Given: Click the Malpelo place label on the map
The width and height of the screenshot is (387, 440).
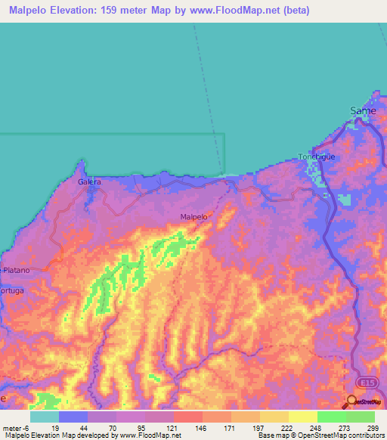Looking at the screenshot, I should coord(193,217).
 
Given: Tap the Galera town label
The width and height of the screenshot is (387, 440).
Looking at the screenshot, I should coord(89,182).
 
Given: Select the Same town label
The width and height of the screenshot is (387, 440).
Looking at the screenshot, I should coord(363,110).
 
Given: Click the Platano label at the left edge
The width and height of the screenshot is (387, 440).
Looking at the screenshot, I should coord(16,270).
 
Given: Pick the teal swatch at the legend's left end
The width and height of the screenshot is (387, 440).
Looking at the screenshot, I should coord(44,417).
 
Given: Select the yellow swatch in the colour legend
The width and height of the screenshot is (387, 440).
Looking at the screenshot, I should coord(302,417).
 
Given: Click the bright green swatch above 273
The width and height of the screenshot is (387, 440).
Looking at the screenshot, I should coord(331,417).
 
